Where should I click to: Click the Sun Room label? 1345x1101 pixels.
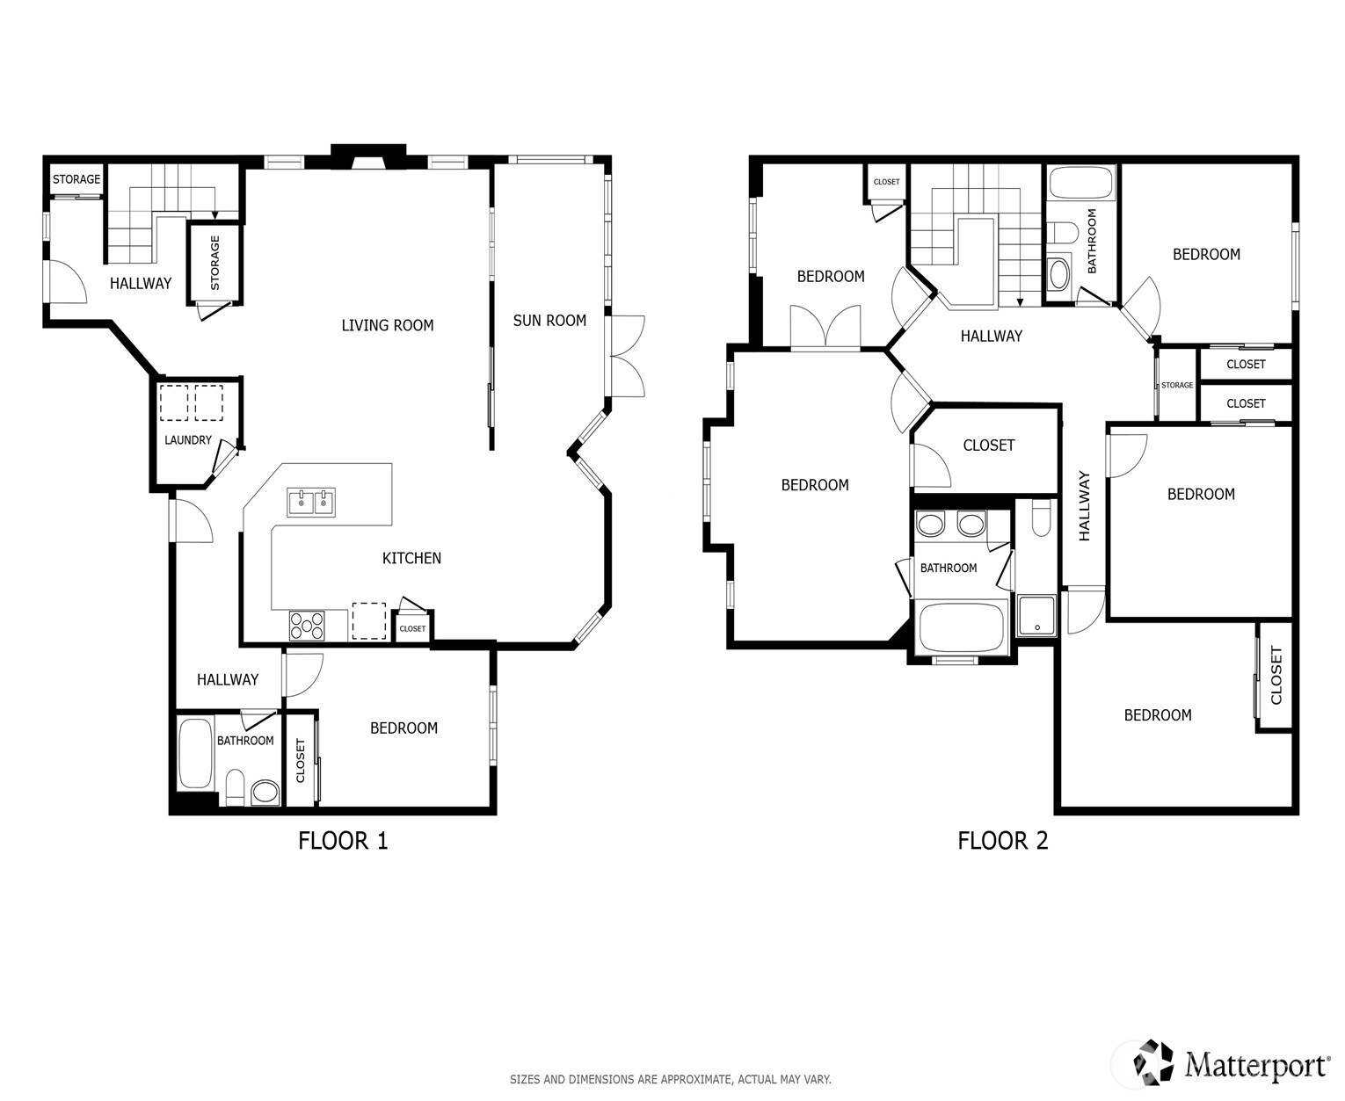coord(549,321)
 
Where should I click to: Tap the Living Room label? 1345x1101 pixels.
coord(387,326)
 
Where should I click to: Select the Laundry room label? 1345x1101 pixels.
coord(187,440)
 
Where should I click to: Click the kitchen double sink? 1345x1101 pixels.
coord(311,503)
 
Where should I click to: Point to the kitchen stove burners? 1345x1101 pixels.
coord(307,626)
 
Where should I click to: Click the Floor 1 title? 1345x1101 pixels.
coord(343,841)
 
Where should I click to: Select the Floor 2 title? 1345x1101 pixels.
coord(1002,841)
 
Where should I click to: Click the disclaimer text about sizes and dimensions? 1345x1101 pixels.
coord(670,1079)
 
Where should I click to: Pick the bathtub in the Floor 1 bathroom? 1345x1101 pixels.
coord(195,754)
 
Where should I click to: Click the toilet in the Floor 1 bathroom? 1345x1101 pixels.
coord(235,788)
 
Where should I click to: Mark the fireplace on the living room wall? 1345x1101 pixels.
coord(368,156)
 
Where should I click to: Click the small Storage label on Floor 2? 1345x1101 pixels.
coord(1176,385)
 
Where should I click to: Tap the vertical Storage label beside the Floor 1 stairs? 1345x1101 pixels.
coord(214,263)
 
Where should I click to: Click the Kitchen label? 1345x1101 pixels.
coord(411,559)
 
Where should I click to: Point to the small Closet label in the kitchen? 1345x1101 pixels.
coord(412,628)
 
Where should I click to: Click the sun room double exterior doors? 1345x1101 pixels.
coord(627,357)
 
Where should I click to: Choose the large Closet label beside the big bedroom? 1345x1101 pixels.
coord(988,445)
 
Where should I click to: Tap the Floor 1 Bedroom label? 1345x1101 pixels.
coord(403,728)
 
